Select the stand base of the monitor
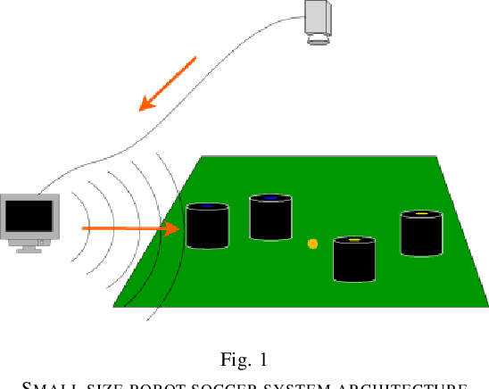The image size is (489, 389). point(29,249)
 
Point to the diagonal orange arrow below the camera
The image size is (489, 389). point(167,84)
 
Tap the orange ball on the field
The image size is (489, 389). point(312,244)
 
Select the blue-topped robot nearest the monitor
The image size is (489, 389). point(207,227)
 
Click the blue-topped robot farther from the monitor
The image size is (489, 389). point(270,218)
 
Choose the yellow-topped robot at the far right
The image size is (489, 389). point(421,234)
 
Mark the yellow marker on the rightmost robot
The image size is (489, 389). point(421,214)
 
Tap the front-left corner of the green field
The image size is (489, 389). point(116,305)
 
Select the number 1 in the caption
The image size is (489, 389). point(262,360)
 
